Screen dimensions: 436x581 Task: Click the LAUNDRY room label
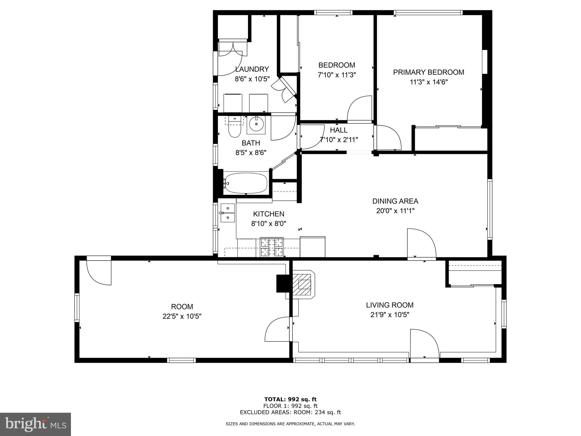[252, 69]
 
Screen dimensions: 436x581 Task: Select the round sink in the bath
[256, 124]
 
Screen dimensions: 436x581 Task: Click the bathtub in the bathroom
[246, 183]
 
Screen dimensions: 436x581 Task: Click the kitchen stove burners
[272, 247]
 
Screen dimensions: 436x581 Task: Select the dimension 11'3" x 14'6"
[429, 82]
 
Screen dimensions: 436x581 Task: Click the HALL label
[339, 130]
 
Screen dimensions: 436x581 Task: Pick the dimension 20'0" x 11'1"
[395, 211]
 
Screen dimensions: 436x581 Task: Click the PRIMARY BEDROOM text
[429, 72]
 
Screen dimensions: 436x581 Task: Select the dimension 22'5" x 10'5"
[182, 316]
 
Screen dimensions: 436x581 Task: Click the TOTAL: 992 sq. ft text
[290, 399]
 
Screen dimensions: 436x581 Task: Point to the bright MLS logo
[35, 424]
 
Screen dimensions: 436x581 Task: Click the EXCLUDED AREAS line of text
[290, 412]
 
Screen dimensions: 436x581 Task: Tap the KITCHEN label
[268, 214]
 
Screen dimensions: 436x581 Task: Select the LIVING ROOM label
[390, 305]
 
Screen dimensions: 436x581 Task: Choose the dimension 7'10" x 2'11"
[339, 140]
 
